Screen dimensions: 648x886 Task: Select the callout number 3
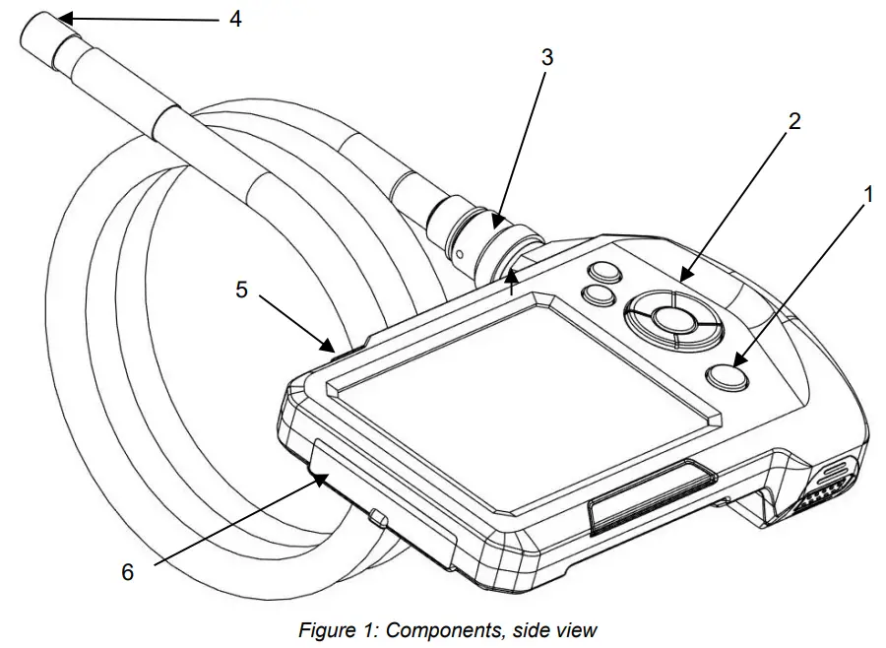(x=547, y=57)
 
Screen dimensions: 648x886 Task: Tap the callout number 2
(x=794, y=121)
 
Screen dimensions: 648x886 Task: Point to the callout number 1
(x=867, y=196)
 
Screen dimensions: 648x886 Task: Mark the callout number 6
(x=127, y=571)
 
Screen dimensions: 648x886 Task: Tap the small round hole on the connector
(x=460, y=253)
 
